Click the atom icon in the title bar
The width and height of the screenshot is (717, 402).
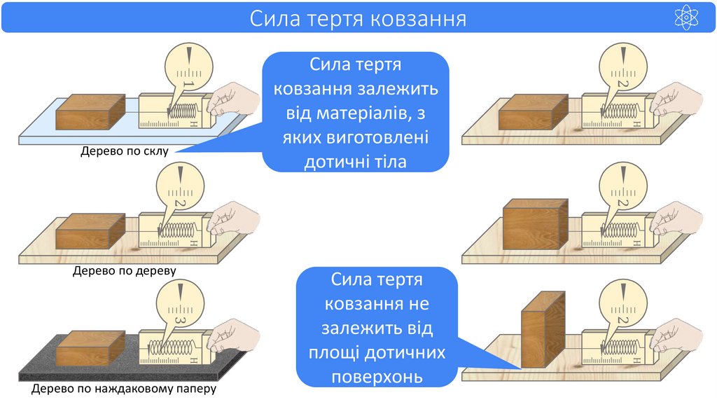[x=686, y=17]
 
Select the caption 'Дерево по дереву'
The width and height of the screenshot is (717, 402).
[x=124, y=269]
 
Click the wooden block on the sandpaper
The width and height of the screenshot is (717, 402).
[x=90, y=347]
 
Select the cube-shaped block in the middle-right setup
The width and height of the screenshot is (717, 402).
[x=535, y=224]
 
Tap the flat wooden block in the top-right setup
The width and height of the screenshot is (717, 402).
[x=532, y=112]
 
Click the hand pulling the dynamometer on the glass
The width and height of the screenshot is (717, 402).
[x=233, y=102]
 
